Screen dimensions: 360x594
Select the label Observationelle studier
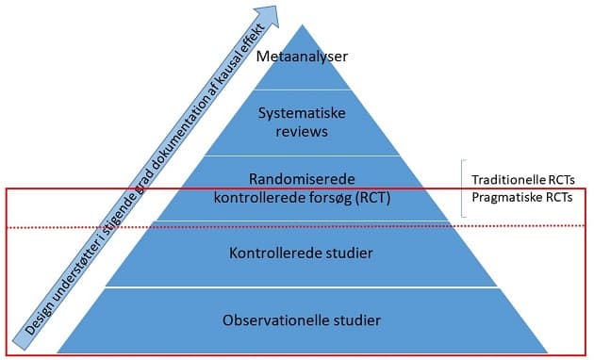pos(301,321)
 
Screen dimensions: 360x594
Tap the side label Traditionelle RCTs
pos(523,179)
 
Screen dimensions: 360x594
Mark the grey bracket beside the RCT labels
pos(463,188)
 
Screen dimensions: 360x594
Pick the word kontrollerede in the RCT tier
pos(256,198)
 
